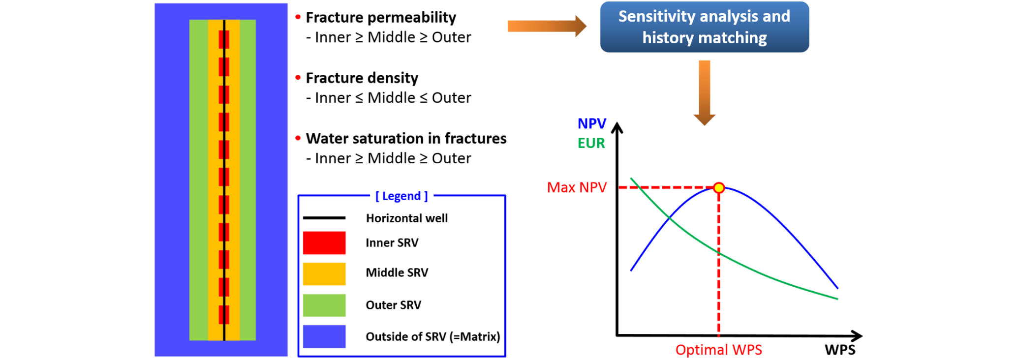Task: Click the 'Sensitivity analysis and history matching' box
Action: [704, 27]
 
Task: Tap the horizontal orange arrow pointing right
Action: [547, 26]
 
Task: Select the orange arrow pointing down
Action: [704, 92]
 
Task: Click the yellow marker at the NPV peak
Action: [719, 187]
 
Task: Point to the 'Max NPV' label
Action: [577, 187]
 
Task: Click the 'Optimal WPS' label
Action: [718, 350]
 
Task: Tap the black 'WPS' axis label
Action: [840, 350]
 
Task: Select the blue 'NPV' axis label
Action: [592, 123]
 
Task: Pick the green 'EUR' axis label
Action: [591, 143]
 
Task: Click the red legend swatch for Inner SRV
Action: [324, 243]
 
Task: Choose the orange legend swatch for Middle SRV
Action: [324, 274]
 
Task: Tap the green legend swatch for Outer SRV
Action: [324, 305]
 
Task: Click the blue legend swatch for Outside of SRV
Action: [324, 336]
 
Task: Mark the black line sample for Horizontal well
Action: [324, 218]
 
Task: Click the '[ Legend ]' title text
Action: [401, 196]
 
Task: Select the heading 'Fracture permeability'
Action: [381, 18]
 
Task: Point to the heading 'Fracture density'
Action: [362, 78]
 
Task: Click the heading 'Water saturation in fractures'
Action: [406, 138]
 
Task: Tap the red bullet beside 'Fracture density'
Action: [298, 78]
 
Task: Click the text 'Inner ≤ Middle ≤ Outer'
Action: [393, 98]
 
